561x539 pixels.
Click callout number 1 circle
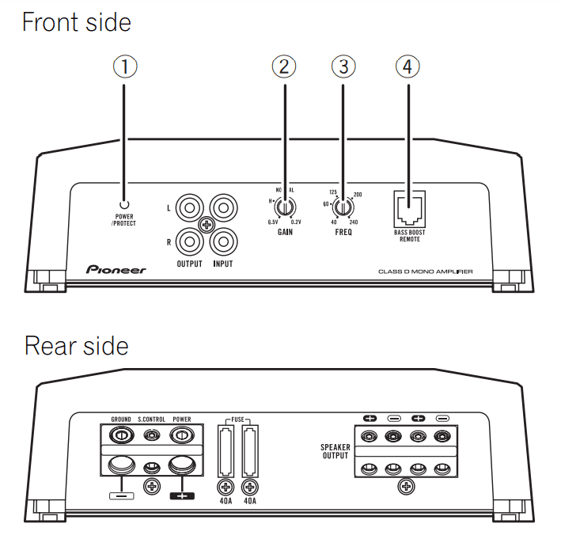(x=124, y=67)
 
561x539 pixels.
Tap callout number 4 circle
(x=407, y=67)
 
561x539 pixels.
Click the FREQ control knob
(x=342, y=209)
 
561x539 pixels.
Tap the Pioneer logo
(x=116, y=271)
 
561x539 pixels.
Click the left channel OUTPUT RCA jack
(x=191, y=210)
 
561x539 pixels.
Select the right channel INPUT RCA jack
(x=222, y=238)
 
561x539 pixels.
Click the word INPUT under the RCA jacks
(x=222, y=264)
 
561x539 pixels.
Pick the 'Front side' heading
(x=76, y=21)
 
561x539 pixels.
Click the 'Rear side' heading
(x=76, y=346)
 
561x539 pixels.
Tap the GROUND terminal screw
(x=121, y=435)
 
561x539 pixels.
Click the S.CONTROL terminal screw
(x=151, y=435)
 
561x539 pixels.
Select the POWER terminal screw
(x=182, y=435)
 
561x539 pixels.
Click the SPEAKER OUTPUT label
(x=335, y=452)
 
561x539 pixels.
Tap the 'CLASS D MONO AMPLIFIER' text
(x=425, y=271)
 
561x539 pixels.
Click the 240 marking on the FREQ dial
(x=354, y=223)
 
